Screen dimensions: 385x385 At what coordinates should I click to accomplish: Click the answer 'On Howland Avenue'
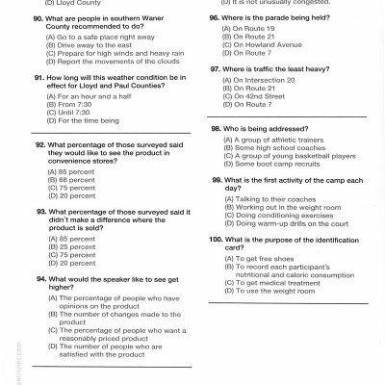pos(258,43)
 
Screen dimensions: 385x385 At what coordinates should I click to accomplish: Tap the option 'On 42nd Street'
pos(252,95)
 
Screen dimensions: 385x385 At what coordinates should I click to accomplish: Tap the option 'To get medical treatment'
pos(269,282)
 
